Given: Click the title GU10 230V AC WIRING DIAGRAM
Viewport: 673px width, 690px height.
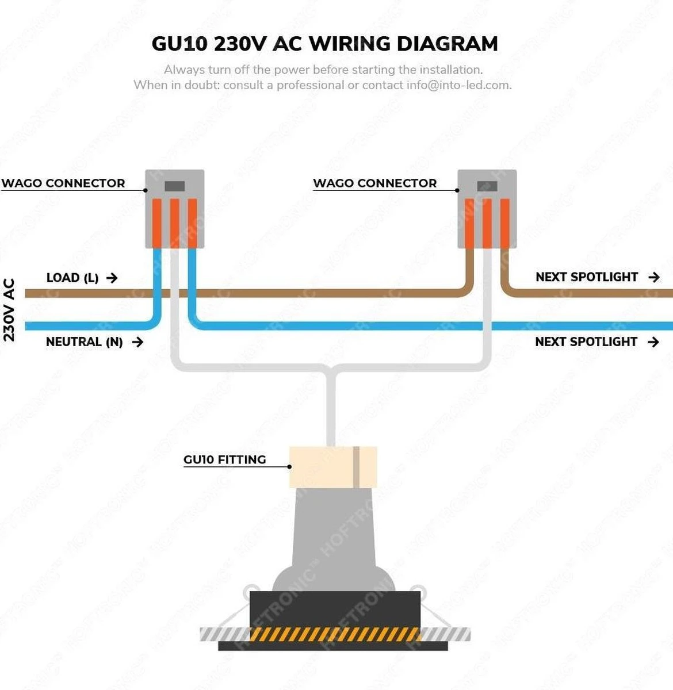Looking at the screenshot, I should click(324, 44).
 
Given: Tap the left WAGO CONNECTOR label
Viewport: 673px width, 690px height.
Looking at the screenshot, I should click(63, 183).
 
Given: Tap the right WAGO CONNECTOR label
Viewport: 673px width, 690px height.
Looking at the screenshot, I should click(375, 183).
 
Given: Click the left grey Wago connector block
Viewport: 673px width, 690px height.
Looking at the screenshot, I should click(174, 208).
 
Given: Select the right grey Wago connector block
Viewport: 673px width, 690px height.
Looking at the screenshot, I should click(487, 208).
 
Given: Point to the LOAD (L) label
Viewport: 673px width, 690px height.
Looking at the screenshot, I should click(72, 278).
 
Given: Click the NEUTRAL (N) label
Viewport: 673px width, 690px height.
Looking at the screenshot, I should click(84, 342).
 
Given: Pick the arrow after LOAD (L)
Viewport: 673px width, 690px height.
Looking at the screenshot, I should click(112, 278).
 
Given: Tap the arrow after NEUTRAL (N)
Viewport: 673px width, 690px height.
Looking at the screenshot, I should click(137, 342).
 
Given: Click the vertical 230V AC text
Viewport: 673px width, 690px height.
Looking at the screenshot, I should click(9, 310).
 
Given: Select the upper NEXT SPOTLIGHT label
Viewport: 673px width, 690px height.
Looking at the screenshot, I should click(587, 277).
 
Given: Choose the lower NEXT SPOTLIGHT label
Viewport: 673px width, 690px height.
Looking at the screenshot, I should click(586, 342).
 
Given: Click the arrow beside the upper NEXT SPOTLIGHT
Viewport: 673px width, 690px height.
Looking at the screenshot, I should click(653, 277).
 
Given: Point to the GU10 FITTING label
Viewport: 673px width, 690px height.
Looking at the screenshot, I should click(225, 459).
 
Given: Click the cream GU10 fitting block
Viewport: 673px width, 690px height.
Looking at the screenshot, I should click(332, 467).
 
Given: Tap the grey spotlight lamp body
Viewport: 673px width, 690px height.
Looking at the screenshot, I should click(334, 540).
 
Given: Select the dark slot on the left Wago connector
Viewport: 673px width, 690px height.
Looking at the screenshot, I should click(174, 186).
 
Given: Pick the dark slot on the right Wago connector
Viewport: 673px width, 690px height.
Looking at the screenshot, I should click(487, 186).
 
